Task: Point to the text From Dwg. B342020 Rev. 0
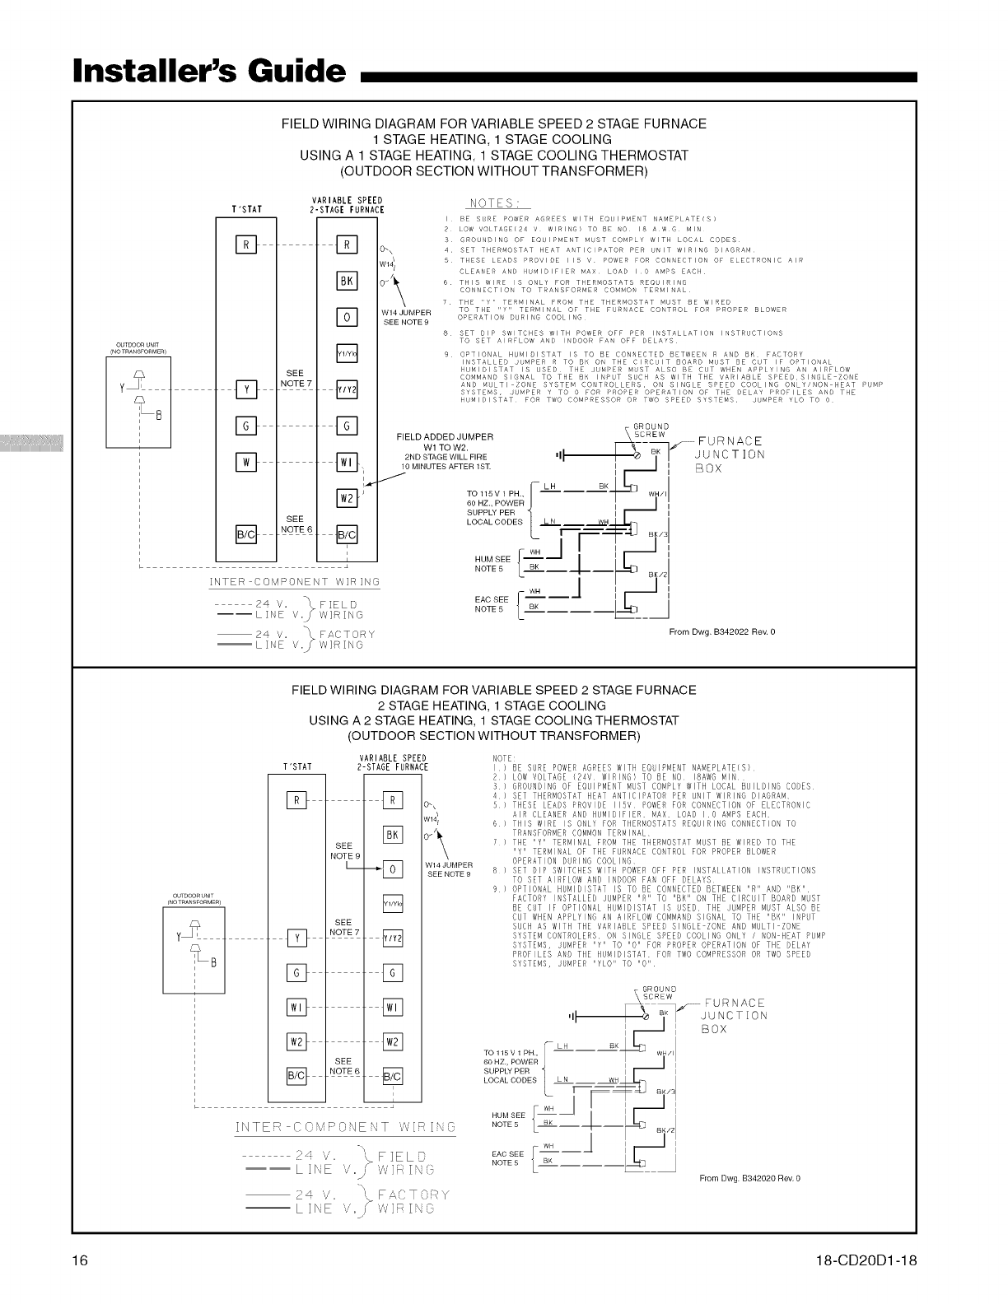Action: [749, 1178]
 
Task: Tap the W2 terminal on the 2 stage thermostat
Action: [296, 1041]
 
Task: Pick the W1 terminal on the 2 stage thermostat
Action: [296, 1007]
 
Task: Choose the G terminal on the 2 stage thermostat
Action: [296, 972]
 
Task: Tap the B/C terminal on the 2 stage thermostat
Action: [296, 1076]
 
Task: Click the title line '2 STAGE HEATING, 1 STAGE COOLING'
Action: [491, 706]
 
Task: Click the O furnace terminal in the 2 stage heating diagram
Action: [393, 869]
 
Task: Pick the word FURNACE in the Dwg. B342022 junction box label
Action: [730, 441]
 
